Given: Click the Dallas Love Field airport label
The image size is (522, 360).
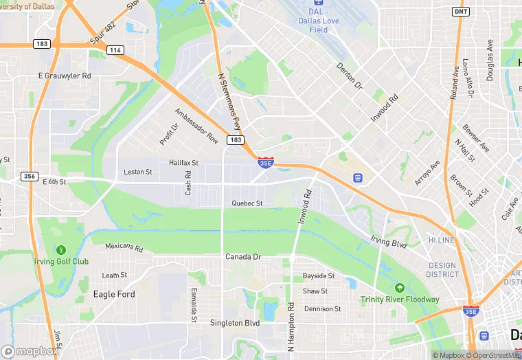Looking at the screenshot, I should pyautogui.click(x=319, y=21).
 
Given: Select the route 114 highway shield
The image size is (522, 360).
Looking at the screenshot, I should pyautogui.click(x=115, y=50).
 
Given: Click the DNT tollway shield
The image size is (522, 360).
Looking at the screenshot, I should pyautogui.click(x=461, y=12).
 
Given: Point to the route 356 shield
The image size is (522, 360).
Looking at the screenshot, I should pyautogui.click(x=29, y=176).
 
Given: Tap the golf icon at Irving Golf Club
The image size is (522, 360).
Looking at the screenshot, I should pyautogui.click(x=61, y=250).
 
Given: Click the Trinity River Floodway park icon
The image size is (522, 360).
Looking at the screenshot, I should pyautogui.click(x=400, y=287).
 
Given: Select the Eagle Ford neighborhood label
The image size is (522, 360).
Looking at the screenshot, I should pyautogui.click(x=114, y=294).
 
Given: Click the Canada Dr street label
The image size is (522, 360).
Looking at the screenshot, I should pyautogui.click(x=244, y=257).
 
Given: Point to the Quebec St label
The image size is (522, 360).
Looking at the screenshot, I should pyautogui.click(x=247, y=203).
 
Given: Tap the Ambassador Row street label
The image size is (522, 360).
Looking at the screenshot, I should pyautogui.click(x=196, y=126).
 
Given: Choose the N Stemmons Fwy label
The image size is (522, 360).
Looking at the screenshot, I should pyautogui.click(x=229, y=102).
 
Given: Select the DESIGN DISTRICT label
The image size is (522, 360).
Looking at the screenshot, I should pyautogui.click(x=442, y=270).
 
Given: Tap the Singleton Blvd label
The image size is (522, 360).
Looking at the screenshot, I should pyautogui.click(x=235, y=323).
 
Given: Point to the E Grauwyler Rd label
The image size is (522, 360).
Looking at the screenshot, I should pyautogui.click(x=65, y=76).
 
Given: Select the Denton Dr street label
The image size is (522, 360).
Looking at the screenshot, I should pyautogui.click(x=350, y=76).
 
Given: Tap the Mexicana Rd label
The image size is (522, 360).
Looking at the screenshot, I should pyautogui.click(x=124, y=247).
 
